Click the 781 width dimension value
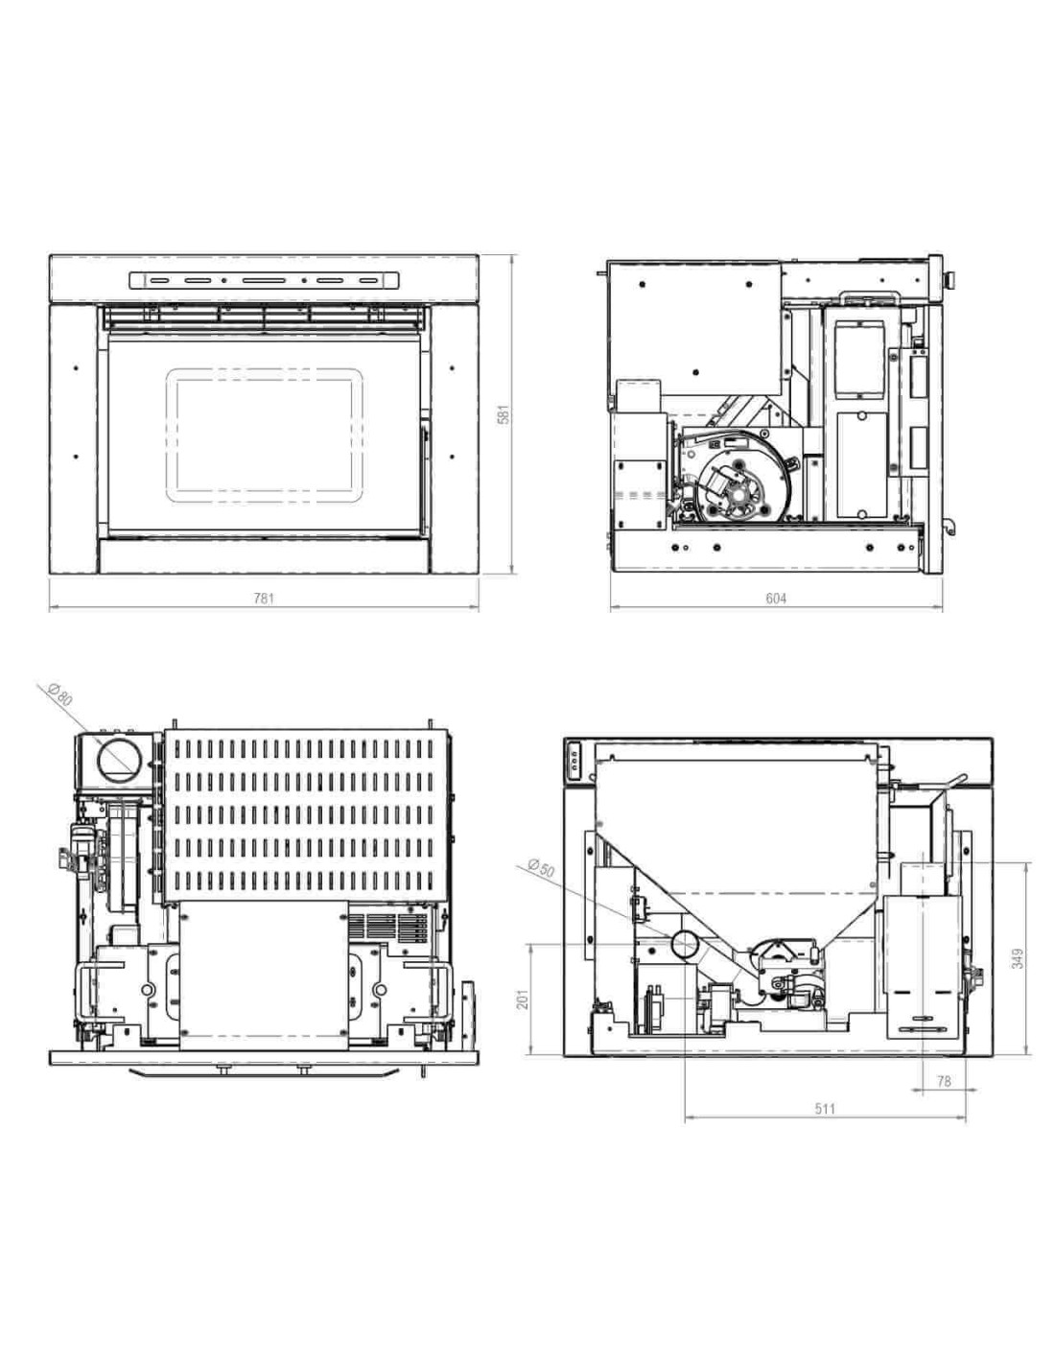tap(264, 599)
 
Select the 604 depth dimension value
tap(776, 599)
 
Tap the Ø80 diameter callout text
tap(60, 695)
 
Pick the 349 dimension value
tap(1018, 958)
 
